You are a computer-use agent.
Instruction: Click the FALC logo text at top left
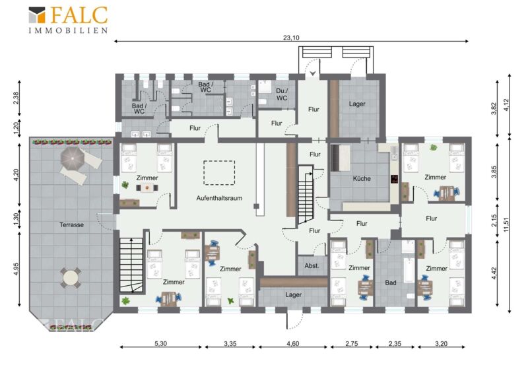tap(79, 15)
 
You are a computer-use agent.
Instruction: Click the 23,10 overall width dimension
tap(291, 38)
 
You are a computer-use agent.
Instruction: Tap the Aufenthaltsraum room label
tap(219, 198)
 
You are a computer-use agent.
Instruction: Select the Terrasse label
tap(71, 224)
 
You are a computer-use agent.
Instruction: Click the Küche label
tap(361, 179)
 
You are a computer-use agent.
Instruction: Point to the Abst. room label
tap(312, 266)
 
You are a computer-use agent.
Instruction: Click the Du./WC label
tap(282, 94)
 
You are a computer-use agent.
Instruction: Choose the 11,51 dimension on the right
tap(506, 224)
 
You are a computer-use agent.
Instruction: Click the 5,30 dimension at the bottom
tap(160, 344)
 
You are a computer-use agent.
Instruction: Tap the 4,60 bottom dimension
tap(292, 344)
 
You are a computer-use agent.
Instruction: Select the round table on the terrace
tap(71, 278)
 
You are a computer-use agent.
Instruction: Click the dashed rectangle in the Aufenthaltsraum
tap(219, 173)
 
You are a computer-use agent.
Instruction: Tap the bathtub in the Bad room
tap(409, 270)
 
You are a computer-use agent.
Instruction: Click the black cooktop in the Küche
tap(394, 179)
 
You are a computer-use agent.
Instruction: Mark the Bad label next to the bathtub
tap(391, 283)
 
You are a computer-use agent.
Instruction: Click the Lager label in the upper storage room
tap(357, 104)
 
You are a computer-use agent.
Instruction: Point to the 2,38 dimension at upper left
tap(16, 98)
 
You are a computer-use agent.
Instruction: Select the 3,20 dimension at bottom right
tap(441, 344)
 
